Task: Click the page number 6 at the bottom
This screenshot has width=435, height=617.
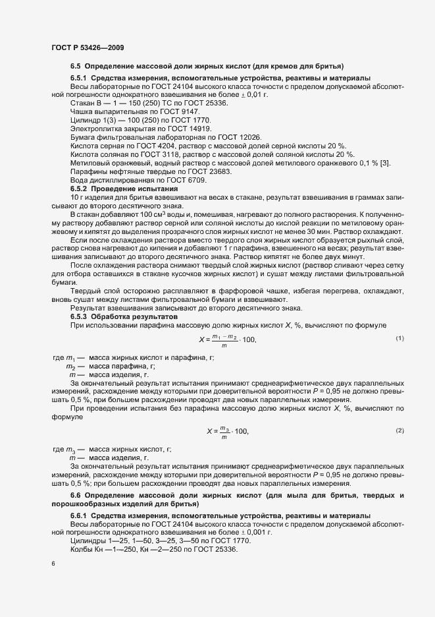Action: click(53, 564)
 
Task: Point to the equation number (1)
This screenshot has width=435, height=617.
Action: click(399, 338)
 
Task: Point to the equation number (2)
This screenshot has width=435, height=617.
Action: click(399, 430)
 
